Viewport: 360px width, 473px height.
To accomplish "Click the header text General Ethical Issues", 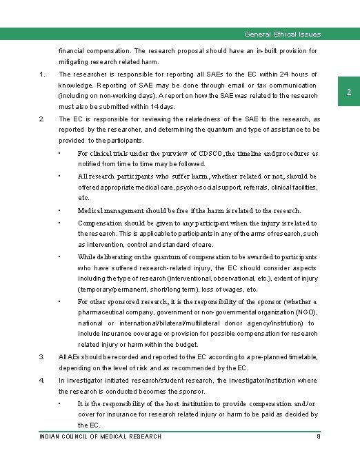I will (x=283, y=34).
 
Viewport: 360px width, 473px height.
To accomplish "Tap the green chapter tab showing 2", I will (x=349, y=92).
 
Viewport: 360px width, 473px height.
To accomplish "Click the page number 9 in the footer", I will (x=318, y=436).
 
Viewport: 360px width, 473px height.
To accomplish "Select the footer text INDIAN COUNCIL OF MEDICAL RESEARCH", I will (x=101, y=436).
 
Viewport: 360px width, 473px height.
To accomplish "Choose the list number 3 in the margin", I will (x=42, y=356).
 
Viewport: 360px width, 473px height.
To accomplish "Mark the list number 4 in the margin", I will (x=42, y=380).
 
